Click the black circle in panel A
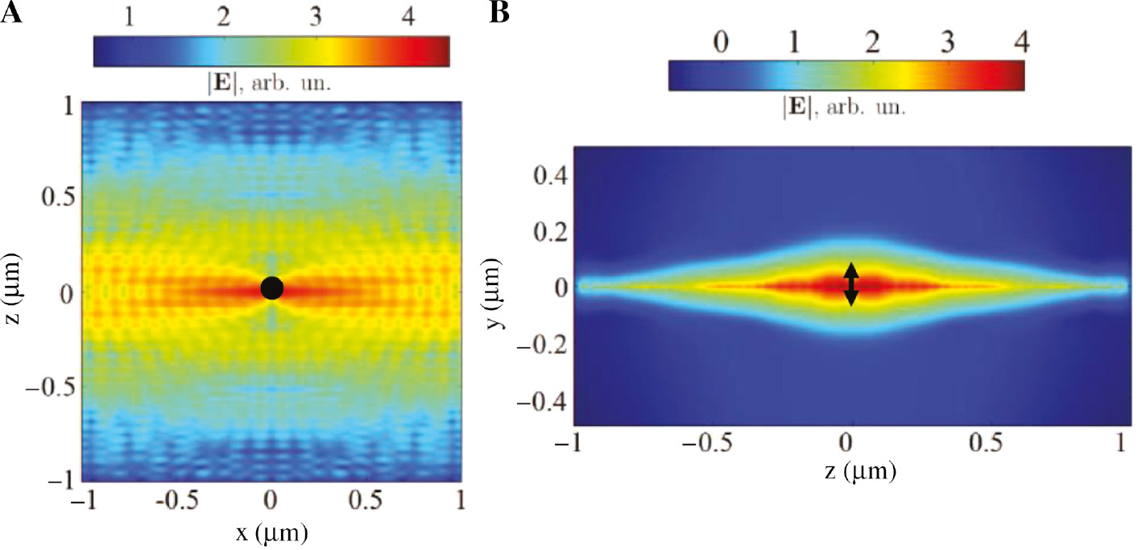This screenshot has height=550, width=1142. (271, 287)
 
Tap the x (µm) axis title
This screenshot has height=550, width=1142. (271, 532)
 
